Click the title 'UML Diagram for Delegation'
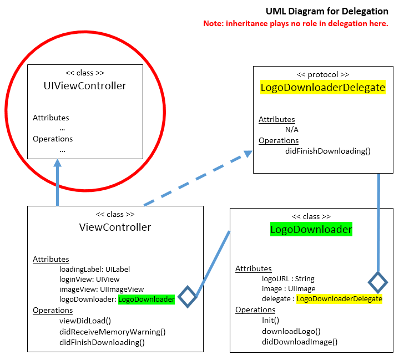[327, 11]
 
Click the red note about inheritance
[295, 24]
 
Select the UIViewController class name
[85, 86]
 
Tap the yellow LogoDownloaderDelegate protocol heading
[323, 88]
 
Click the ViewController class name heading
[115, 227]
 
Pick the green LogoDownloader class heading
[311, 230]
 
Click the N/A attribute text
[292, 130]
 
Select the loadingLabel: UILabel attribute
[94, 270]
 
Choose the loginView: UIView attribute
[89, 280]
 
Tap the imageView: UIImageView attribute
[102, 290]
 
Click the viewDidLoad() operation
[85, 321]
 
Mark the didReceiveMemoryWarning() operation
[112, 332]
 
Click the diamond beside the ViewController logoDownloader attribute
[188, 297]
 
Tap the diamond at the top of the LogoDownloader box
[378, 283]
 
